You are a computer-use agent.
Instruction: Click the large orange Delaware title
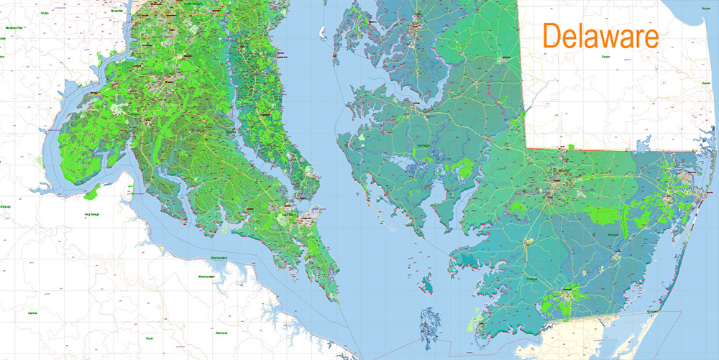click(x=600, y=36)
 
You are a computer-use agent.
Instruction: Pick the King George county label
click(x=91, y=213)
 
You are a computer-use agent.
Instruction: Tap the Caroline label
click(x=32, y=313)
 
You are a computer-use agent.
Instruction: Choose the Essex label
click(x=149, y=336)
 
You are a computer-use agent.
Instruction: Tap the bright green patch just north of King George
click(x=91, y=192)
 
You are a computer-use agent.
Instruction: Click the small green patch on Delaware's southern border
click(x=571, y=147)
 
